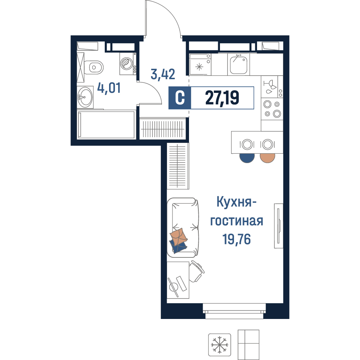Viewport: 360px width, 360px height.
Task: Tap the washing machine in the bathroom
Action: click(128, 64)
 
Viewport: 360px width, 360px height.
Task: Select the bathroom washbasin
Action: click(85, 97)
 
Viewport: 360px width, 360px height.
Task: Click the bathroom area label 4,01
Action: click(109, 88)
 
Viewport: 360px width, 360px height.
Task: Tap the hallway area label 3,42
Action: click(163, 74)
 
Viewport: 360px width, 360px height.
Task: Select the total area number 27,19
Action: click(222, 98)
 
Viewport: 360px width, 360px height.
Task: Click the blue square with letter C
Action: click(180, 98)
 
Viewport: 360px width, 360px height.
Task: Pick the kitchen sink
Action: click(239, 64)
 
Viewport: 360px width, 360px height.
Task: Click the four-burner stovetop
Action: click(272, 109)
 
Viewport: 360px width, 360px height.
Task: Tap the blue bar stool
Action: click(247, 158)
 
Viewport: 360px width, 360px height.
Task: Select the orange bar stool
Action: click(267, 158)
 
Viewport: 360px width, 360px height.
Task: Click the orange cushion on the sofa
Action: click(179, 237)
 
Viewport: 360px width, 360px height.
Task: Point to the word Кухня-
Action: click(237, 202)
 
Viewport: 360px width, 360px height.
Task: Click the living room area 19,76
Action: click(237, 239)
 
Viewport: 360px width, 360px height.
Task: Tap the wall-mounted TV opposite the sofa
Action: click(279, 226)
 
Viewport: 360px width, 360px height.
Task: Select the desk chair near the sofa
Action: click(197, 271)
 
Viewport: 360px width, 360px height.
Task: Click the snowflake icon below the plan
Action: click(220, 345)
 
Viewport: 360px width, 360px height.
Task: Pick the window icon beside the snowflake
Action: click(248, 345)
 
